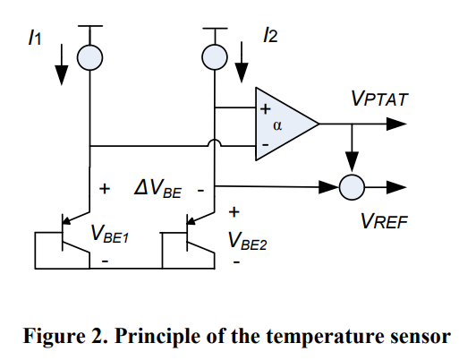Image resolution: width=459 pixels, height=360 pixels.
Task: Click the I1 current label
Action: point(35,38)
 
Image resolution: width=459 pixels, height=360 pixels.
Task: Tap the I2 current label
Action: point(270,35)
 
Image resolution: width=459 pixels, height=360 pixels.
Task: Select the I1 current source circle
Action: point(90,57)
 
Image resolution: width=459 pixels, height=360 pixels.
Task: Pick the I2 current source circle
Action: point(215,57)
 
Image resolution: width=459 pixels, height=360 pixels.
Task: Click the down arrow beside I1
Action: point(62,64)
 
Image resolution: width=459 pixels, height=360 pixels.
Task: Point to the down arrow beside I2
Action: point(242,62)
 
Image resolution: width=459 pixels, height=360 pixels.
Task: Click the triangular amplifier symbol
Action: point(287,124)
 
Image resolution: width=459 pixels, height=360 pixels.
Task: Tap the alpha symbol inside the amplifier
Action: point(277,125)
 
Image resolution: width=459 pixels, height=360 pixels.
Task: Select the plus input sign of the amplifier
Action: point(265,109)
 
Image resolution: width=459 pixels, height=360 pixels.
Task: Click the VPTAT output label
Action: point(379,99)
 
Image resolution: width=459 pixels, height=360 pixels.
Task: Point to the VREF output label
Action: point(384,221)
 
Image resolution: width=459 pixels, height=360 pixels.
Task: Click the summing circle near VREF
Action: point(352,187)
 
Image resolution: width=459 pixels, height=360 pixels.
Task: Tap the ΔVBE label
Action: point(157,189)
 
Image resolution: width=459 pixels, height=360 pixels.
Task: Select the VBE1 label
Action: point(109,234)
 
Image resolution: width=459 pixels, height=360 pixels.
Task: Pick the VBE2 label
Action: point(247,241)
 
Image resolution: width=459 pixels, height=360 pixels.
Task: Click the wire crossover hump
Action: point(215,142)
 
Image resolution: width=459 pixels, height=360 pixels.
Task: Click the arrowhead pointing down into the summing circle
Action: point(352,161)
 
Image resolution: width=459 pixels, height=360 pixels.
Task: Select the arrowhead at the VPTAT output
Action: point(396,124)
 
